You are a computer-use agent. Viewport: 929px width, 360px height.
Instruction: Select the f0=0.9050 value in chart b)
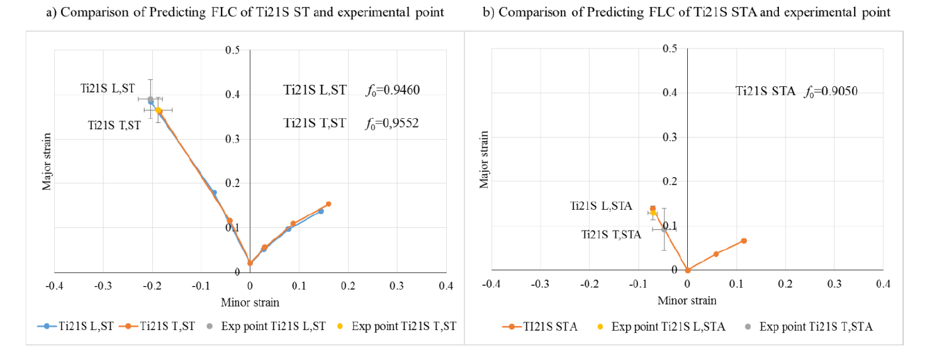(x=830, y=91)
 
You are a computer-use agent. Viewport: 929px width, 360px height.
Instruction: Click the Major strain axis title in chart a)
(x=47, y=161)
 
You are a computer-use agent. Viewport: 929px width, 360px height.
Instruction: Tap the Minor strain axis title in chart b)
(x=687, y=301)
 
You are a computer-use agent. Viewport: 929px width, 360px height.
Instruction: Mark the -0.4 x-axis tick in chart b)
(x=491, y=284)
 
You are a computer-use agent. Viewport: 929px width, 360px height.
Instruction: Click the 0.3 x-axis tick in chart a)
(x=396, y=285)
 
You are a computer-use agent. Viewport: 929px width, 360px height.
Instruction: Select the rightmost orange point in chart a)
(x=328, y=204)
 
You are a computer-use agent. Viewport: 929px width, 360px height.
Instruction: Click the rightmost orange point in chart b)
(x=743, y=240)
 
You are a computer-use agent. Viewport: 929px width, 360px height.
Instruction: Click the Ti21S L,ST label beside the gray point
(x=107, y=89)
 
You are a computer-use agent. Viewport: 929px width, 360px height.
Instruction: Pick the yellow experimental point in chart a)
(x=158, y=111)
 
